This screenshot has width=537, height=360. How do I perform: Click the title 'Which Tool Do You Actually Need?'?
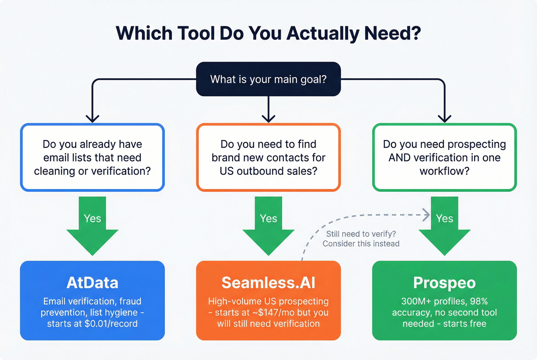[x=268, y=33]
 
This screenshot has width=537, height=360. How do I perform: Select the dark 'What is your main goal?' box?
[x=268, y=79]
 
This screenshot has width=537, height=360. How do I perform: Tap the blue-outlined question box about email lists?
[x=92, y=158]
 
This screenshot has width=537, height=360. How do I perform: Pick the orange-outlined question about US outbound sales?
[x=268, y=158]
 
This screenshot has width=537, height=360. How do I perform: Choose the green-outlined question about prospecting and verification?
[x=444, y=158]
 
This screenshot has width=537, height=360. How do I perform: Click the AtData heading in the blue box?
[x=92, y=283]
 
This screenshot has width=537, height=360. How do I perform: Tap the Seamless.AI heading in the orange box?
[x=268, y=283]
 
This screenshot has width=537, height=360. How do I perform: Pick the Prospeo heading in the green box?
[x=444, y=283]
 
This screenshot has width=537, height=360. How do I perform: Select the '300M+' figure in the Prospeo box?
[x=416, y=301]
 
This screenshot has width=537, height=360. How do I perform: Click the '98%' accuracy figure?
[x=479, y=301]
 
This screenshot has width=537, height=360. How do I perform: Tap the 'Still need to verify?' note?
[x=361, y=234]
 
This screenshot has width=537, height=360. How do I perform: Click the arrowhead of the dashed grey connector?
[x=426, y=215]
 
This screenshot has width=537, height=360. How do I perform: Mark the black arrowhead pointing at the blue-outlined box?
[x=92, y=118]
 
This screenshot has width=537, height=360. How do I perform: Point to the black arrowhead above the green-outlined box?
[x=444, y=118]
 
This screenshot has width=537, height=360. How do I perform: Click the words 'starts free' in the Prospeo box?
[x=465, y=324]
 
